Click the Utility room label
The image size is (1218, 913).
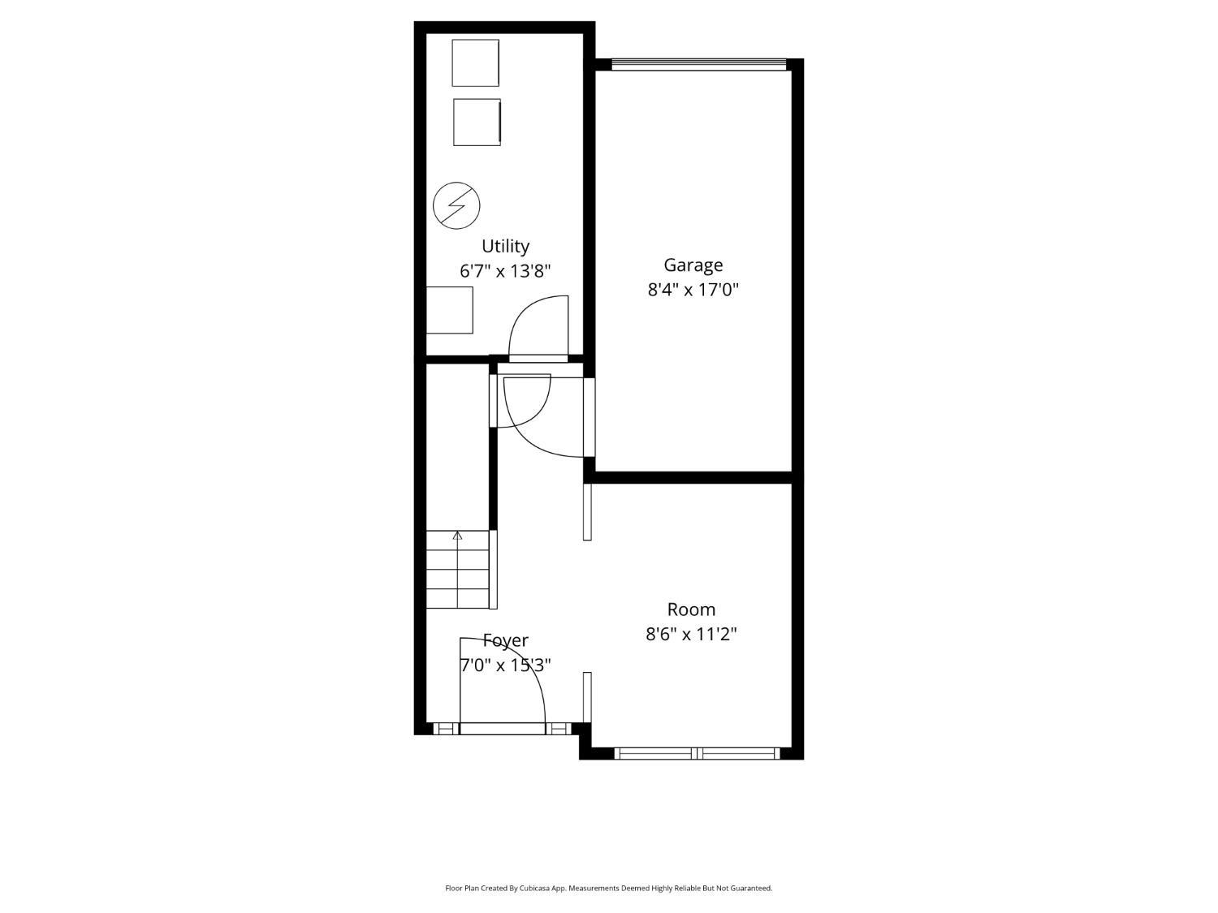click(x=505, y=246)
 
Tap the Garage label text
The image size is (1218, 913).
click(x=693, y=265)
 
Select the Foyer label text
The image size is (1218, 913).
click(x=506, y=641)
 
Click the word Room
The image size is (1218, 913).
click(x=691, y=609)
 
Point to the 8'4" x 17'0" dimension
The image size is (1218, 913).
click(x=693, y=290)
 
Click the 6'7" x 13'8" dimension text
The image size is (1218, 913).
click(x=505, y=271)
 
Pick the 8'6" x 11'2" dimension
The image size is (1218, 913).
click(x=691, y=634)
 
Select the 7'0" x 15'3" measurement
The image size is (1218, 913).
click(x=506, y=665)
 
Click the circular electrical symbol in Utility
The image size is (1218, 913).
click(x=456, y=205)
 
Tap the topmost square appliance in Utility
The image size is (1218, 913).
click(x=475, y=62)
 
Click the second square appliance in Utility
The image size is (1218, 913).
click(x=477, y=122)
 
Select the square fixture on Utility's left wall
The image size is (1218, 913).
click(x=449, y=310)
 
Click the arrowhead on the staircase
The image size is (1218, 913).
click(x=457, y=535)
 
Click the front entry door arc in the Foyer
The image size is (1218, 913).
click(x=532, y=663)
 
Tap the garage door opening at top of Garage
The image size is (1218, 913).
click(x=699, y=64)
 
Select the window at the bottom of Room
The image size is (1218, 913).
click(x=697, y=753)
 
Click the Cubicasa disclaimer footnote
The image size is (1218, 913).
click(x=608, y=888)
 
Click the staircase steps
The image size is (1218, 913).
click(x=457, y=570)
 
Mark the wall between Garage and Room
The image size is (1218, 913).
click(x=693, y=477)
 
